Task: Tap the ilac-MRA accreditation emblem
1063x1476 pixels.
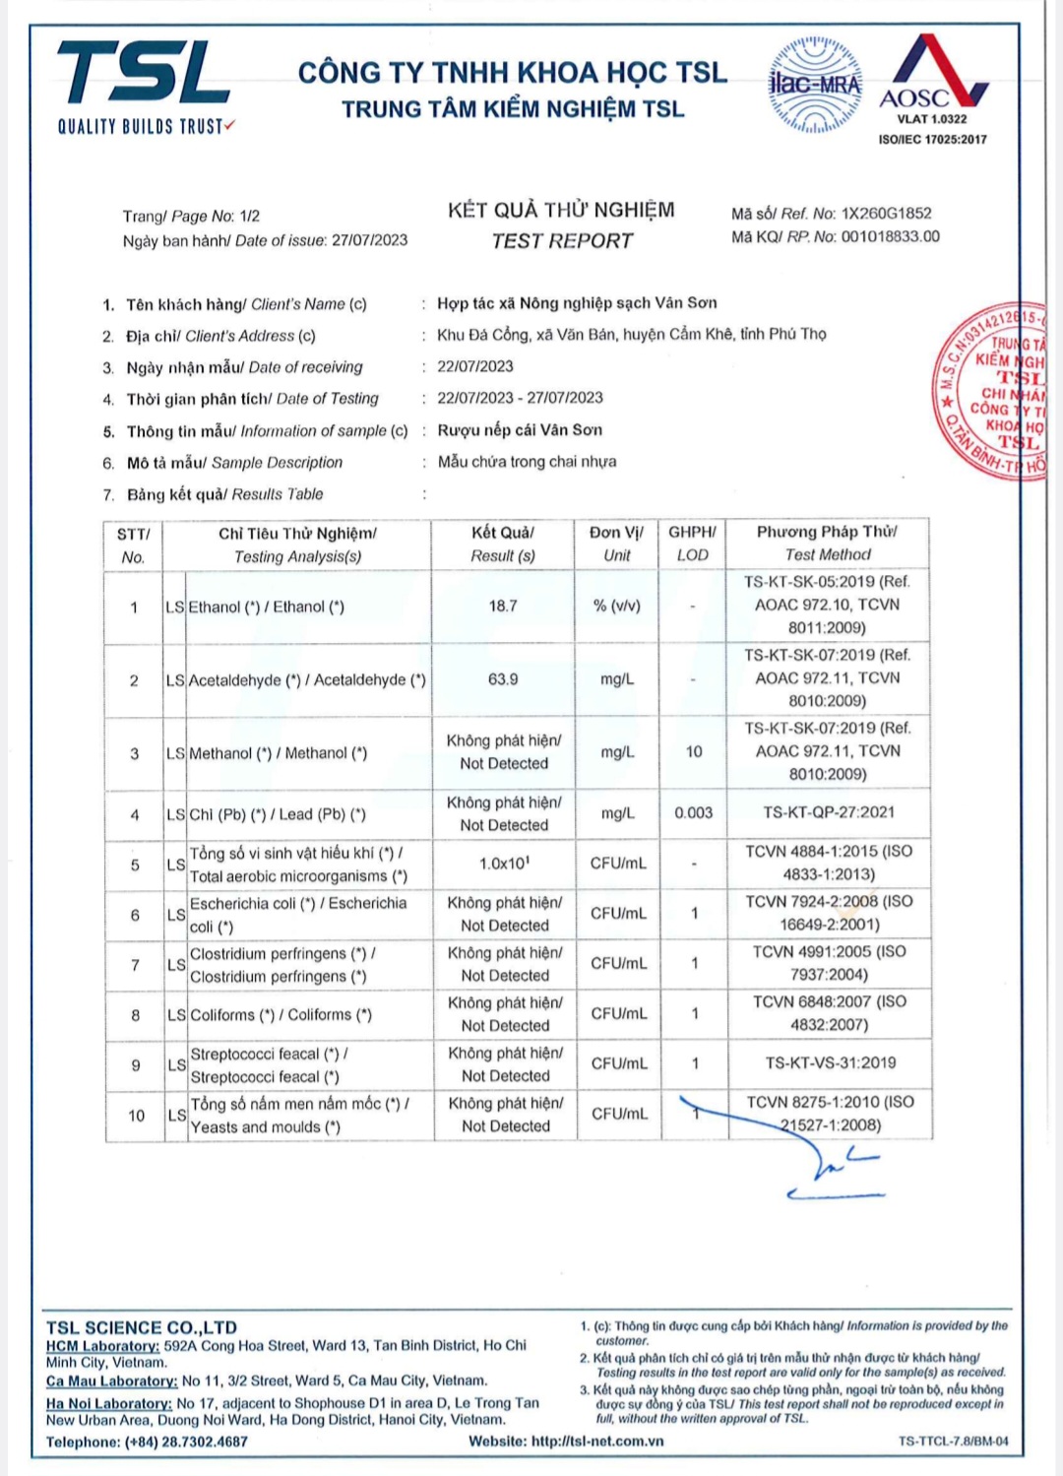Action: point(814,86)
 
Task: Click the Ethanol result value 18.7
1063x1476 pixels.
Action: point(503,607)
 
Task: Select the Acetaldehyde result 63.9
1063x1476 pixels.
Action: point(503,679)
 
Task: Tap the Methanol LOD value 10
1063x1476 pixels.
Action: point(694,752)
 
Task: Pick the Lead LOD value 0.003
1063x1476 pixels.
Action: point(694,813)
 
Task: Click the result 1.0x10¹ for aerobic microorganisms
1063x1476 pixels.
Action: point(504,864)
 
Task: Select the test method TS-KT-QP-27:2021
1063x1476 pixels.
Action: point(829,813)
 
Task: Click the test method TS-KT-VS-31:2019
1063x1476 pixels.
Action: point(830,1063)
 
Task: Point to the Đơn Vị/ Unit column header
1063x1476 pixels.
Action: point(617,544)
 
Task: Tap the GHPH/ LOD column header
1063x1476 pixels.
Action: point(693,544)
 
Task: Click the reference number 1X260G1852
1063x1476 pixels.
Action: point(886,214)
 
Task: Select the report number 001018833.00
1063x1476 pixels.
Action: point(890,237)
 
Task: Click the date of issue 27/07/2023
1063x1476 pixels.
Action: point(369,240)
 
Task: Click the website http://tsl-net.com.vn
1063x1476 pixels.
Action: point(597,1442)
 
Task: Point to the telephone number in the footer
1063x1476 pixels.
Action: point(186,1443)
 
